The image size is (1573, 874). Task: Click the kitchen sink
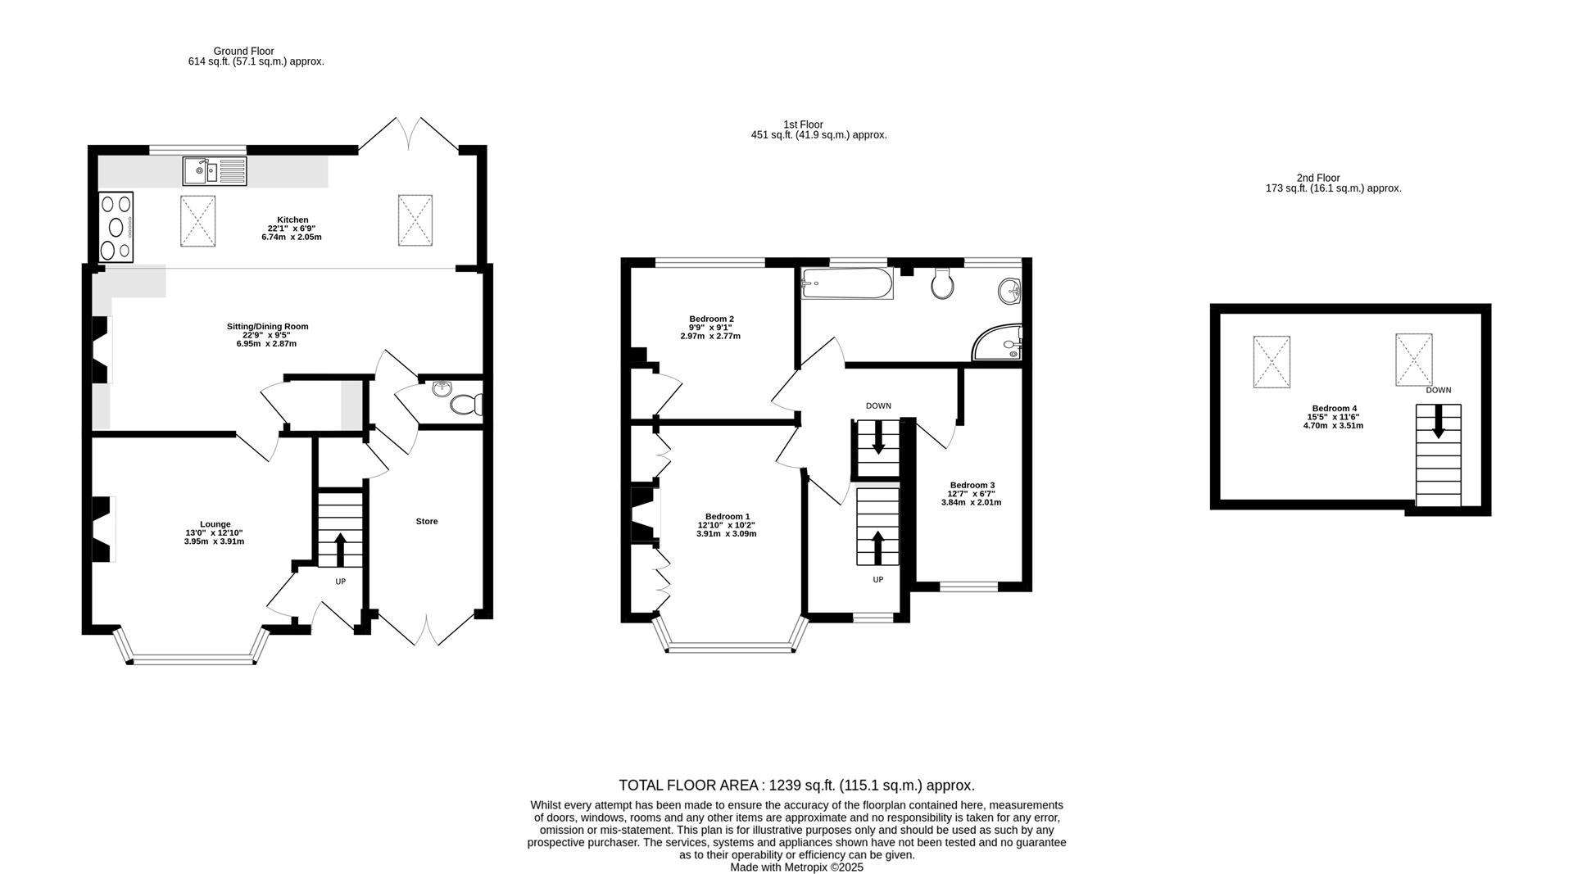[x=214, y=171]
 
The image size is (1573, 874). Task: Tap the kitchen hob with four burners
[x=116, y=227]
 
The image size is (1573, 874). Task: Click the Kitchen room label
[x=292, y=220]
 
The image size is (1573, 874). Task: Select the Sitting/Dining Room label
[x=268, y=326]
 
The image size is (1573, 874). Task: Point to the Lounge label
[x=215, y=524]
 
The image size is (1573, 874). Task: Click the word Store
[x=427, y=521]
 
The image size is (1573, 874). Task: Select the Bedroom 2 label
[x=711, y=319]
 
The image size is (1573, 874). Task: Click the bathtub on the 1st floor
[x=847, y=283]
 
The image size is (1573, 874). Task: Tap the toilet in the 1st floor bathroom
[x=943, y=283]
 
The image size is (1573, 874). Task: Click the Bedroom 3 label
[x=972, y=485]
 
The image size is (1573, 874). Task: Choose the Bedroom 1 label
[x=728, y=516]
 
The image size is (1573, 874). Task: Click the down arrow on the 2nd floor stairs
[x=1439, y=422]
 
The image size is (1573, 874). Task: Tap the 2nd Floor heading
[x=1318, y=178]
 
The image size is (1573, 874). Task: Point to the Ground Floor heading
[x=243, y=51]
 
